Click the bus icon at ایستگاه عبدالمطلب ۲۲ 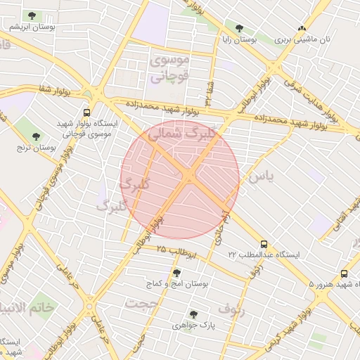click(264, 243)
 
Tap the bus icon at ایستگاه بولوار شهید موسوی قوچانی click(87, 112)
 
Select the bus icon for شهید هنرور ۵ click(344, 274)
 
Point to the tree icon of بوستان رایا click(239, 29)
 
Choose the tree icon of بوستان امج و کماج click(176, 272)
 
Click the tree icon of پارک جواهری click(193, 314)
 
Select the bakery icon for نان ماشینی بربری click(302, 29)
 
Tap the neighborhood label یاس click(259, 177)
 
